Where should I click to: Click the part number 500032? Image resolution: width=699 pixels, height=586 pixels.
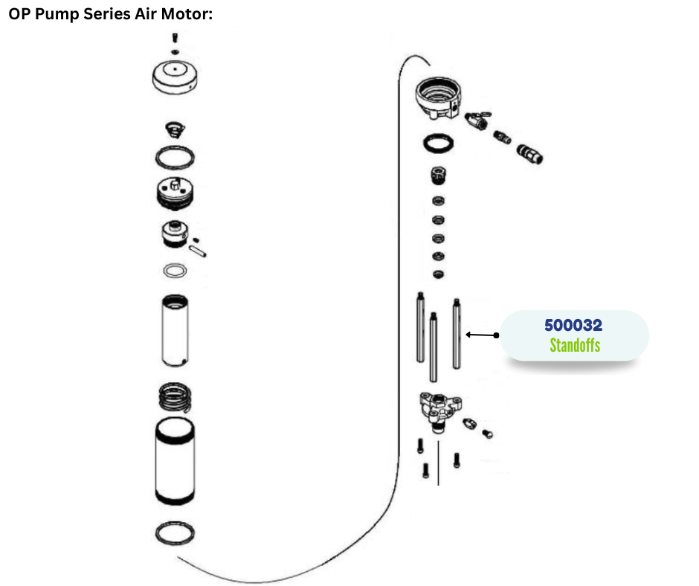[573, 326]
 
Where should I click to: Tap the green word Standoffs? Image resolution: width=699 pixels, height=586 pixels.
[574, 345]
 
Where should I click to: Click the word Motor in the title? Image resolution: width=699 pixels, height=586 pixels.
[190, 14]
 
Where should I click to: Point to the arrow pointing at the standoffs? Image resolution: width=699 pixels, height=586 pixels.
[481, 335]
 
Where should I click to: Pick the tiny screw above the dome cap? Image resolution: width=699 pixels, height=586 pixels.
[173, 37]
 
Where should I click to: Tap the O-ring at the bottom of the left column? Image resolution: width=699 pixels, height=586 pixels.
[176, 533]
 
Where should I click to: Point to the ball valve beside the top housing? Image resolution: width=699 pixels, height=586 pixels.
[476, 120]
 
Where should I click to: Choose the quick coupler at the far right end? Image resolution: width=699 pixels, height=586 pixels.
[530, 153]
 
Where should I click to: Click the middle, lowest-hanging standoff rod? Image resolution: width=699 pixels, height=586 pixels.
[433, 347]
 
